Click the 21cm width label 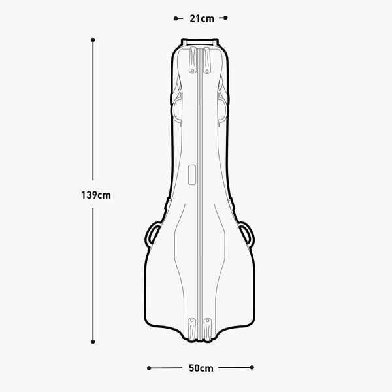click(202, 18)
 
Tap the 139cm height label click(96, 195)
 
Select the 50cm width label click(201, 368)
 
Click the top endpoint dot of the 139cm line click(93, 40)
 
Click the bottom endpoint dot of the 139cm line click(93, 342)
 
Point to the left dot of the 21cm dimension click(176, 18)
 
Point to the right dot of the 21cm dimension click(225, 18)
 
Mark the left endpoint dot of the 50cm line click(149, 368)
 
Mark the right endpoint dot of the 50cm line click(252, 367)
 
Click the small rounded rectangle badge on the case click(191, 174)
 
